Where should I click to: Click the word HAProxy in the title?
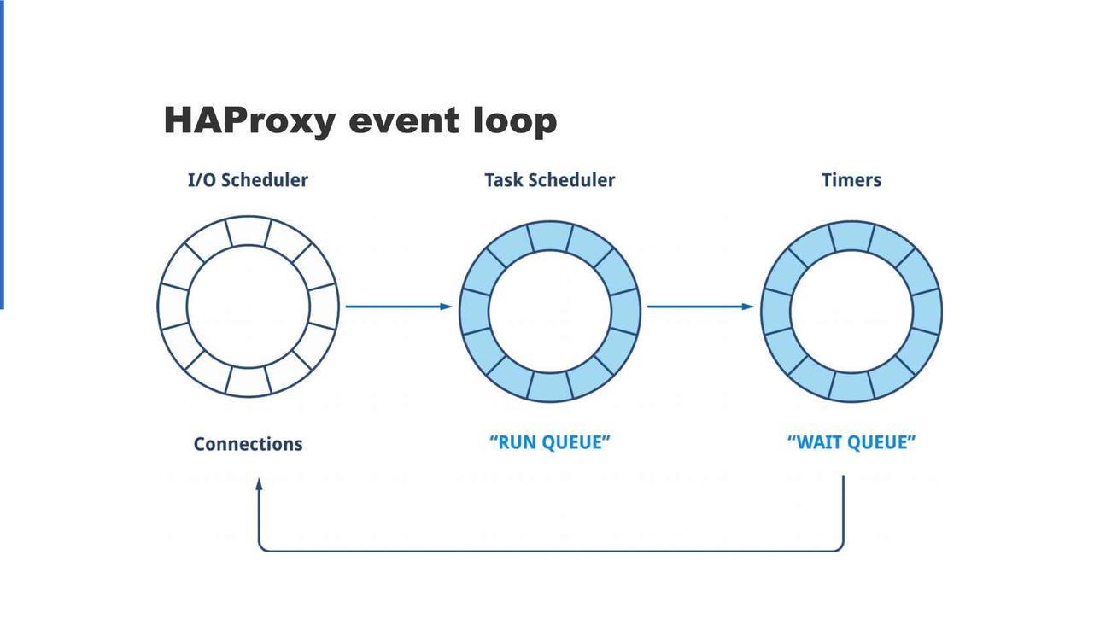[x=249, y=120]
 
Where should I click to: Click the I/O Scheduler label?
[x=248, y=180]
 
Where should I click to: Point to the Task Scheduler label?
[x=549, y=180]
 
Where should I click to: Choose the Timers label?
[x=851, y=180]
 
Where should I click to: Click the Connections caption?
[x=248, y=444]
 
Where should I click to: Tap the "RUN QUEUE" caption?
[x=549, y=442]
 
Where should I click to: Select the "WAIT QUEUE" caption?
[x=851, y=442]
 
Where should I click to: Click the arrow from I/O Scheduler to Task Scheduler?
[x=399, y=307]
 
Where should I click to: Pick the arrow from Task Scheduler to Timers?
[x=700, y=307]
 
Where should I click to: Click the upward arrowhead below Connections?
[x=260, y=484]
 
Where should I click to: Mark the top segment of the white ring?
[x=249, y=231]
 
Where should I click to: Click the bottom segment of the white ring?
[x=249, y=382]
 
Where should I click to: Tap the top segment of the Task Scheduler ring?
[x=550, y=237]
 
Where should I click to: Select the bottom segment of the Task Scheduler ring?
[x=550, y=387]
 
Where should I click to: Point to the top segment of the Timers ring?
[x=852, y=237]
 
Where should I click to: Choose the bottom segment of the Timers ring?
[x=852, y=387]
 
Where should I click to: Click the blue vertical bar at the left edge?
[x=2, y=155]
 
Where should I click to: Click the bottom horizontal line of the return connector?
[x=551, y=551]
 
